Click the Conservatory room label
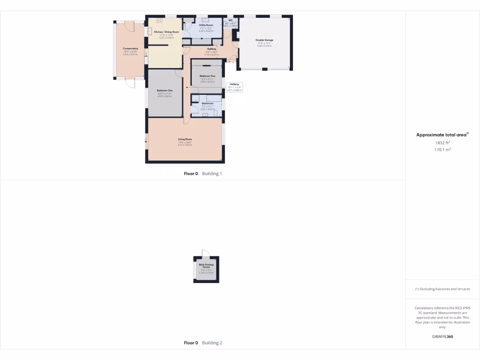pos(130,49)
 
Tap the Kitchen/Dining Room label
pos(166,32)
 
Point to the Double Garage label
pos(264,40)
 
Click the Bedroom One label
pos(165,90)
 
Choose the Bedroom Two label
pos(207,76)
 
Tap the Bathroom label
pos(207,103)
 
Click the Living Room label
pos(185,139)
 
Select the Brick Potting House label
pos(206,266)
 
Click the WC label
pos(231,20)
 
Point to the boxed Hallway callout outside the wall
pos(234,87)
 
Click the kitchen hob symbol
pos(159,20)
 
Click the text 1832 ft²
pos(442,142)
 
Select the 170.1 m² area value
pos(442,150)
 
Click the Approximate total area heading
pos(442,135)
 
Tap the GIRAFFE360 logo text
pos(442,337)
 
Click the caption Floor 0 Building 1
pos(202,173)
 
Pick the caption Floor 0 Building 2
pos(202,343)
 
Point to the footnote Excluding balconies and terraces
pos(442,289)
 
